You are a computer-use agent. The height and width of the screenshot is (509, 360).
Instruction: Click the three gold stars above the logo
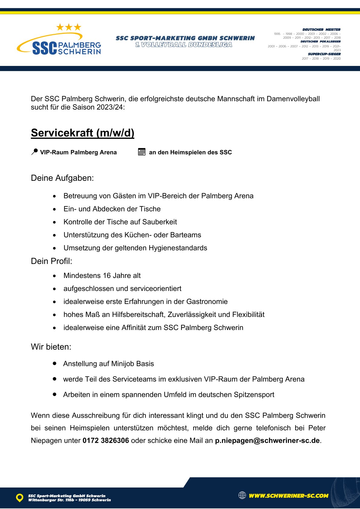click(x=69, y=27)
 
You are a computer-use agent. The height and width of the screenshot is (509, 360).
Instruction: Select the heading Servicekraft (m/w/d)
click(x=83, y=133)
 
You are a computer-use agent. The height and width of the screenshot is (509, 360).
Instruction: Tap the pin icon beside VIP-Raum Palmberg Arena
click(x=34, y=152)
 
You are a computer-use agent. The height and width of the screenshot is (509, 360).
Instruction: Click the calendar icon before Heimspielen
click(x=142, y=152)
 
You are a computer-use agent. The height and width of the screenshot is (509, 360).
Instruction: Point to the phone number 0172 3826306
click(x=106, y=440)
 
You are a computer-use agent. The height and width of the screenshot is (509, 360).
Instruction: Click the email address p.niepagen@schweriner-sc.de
click(x=267, y=440)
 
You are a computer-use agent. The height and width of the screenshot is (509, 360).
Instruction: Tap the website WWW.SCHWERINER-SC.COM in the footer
click(x=288, y=496)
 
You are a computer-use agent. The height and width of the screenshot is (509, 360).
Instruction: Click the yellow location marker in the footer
click(x=20, y=498)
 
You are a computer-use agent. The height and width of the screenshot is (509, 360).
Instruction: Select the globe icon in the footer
click(x=242, y=495)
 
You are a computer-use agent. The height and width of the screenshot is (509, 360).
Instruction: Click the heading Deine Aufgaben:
click(x=62, y=178)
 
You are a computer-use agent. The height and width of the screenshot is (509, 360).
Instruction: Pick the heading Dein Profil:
click(x=51, y=261)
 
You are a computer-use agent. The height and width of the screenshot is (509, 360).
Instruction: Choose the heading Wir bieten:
click(x=51, y=347)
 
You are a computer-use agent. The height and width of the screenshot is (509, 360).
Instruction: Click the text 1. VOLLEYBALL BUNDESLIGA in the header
click(x=184, y=45)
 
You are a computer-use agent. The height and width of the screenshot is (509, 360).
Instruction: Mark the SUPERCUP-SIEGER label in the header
click(x=324, y=54)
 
